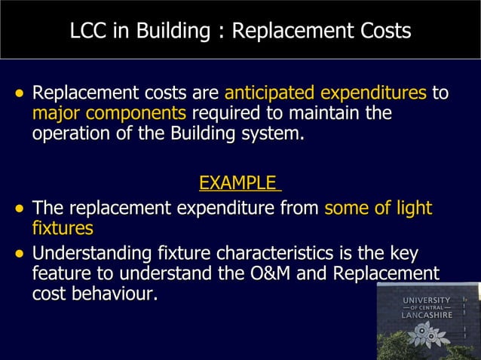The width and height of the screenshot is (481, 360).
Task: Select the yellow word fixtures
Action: (x=63, y=227)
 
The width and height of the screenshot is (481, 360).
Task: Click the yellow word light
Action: (x=414, y=207)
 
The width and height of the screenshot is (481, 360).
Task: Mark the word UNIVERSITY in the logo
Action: (x=427, y=301)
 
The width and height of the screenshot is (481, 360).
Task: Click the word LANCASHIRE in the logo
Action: (x=427, y=316)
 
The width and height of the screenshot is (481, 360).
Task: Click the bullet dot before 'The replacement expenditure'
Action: (x=20, y=208)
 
